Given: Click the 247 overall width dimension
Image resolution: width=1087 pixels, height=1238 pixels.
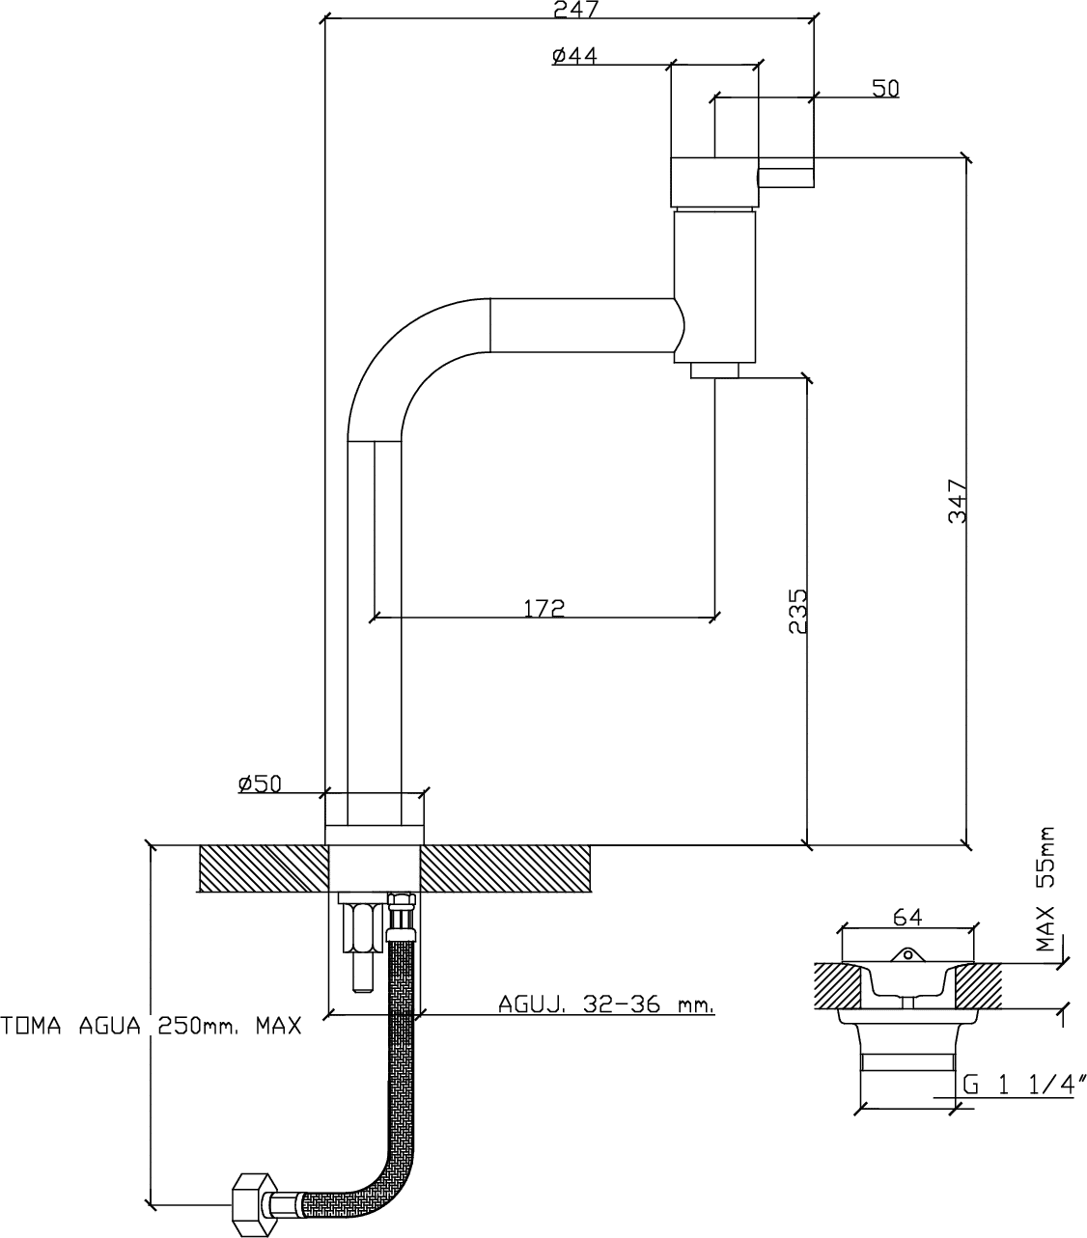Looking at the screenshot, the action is (x=575, y=9).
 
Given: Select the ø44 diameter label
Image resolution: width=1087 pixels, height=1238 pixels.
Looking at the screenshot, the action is (x=574, y=56).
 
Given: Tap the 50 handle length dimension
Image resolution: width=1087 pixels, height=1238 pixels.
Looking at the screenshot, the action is (x=885, y=89).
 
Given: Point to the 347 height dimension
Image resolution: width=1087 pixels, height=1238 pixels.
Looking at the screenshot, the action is (x=958, y=501).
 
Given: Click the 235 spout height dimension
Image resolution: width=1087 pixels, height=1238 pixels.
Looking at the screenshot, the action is (x=797, y=611).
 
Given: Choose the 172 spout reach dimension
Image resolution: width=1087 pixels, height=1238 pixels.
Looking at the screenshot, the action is (x=544, y=608).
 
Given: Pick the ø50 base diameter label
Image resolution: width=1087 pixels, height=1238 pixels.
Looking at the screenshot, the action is (x=261, y=784).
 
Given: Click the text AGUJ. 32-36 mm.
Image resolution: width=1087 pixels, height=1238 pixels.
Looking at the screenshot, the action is (x=606, y=1004).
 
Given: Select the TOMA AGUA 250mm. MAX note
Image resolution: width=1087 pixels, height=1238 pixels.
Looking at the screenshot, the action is (x=151, y=1026).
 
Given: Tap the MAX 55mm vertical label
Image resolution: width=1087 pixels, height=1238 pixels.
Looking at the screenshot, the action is (x=1046, y=889).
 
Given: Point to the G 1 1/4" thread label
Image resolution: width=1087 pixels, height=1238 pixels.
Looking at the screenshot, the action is (x=1024, y=1085).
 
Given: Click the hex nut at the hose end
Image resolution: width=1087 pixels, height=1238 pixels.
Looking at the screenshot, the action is (x=252, y=1205).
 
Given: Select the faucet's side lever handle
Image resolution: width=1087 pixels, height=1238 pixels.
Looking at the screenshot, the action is (x=786, y=178).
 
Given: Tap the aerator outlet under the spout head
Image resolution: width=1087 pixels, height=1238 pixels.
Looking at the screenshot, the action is (x=714, y=371).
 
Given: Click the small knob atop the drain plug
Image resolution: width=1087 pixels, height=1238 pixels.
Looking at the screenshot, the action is (x=907, y=954).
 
